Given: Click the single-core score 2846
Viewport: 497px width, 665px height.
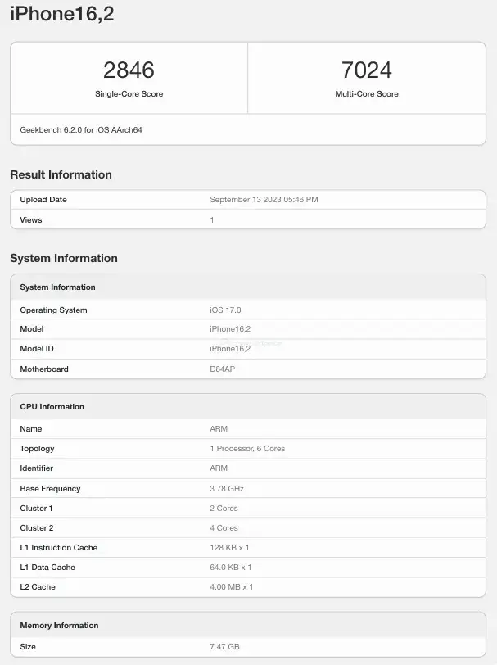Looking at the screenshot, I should click(129, 70).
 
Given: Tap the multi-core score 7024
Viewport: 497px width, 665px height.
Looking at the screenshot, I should click(366, 70).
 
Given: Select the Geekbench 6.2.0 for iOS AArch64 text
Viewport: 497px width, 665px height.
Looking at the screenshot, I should click(81, 129).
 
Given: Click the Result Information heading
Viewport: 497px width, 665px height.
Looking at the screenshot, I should click(61, 174).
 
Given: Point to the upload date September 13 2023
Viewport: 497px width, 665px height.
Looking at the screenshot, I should click(264, 200).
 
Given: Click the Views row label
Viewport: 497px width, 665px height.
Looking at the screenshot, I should click(31, 220).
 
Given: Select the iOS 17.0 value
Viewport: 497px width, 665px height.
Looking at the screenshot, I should click(225, 310).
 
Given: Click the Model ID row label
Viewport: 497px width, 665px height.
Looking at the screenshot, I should click(38, 349).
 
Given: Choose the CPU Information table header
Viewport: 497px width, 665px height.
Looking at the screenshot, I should click(52, 407).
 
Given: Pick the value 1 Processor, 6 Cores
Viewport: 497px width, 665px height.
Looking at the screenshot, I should click(247, 449).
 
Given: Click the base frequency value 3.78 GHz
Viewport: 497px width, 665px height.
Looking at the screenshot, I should click(227, 489).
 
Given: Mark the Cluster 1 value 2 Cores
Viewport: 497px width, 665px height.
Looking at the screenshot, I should click(224, 509).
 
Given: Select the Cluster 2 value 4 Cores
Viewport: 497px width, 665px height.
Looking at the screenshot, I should click(224, 528).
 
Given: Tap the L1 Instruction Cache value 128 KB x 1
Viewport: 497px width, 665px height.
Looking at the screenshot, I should click(229, 548).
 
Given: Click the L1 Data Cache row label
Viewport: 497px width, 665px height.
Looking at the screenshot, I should click(47, 568).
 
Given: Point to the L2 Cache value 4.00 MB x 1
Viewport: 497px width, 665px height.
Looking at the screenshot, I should click(232, 587).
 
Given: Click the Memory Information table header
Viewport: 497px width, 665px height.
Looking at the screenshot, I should click(59, 626).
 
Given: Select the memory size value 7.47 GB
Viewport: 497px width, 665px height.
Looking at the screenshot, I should click(224, 647).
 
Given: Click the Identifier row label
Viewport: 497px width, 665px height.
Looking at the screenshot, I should click(37, 468).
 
